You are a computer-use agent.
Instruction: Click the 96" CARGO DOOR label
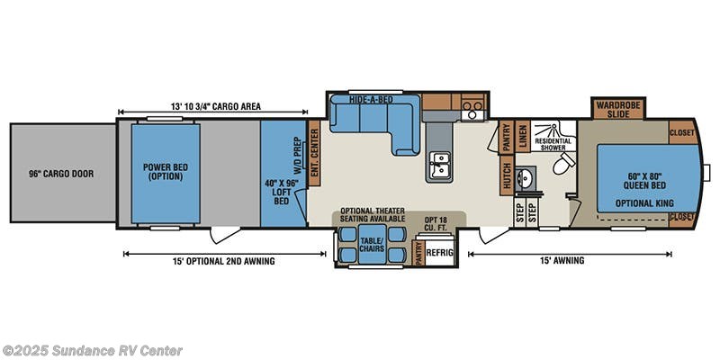[62, 174]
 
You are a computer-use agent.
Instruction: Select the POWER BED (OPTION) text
[166, 171]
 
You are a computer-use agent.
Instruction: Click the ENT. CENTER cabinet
[314, 154]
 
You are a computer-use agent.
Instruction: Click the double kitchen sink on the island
[438, 166]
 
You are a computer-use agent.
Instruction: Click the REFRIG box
[439, 253]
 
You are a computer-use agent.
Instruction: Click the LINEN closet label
[522, 138]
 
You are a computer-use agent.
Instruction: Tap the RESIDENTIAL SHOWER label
[553, 144]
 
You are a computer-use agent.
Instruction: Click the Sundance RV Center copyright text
[93, 350]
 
